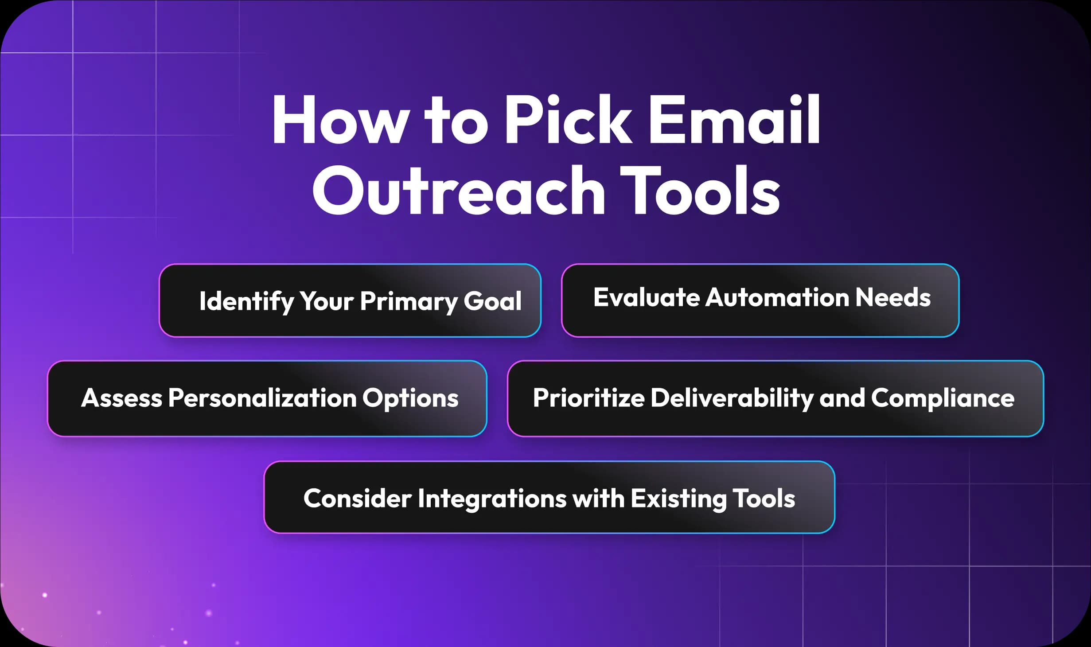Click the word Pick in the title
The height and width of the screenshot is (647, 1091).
(x=568, y=121)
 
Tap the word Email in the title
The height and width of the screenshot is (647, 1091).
(x=734, y=121)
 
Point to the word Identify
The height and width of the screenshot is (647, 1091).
(x=246, y=301)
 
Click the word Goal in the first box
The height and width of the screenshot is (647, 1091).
(x=492, y=301)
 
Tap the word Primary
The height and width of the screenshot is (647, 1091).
(x=408, y=301)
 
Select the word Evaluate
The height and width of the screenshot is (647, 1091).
(x=646, y=297)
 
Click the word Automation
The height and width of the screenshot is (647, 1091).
(x=777, y=297)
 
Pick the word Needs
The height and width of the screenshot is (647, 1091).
(x=892, y=297)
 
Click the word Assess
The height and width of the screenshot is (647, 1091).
(x=121, y=398)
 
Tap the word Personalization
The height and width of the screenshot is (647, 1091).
(x=262, y=398)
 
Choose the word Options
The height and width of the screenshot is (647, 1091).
(x=410, y=398)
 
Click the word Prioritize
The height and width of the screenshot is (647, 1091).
(x=588, y=398)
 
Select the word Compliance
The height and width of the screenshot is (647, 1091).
(x=943, y=398)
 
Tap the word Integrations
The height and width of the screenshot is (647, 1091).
(x=492, y=499)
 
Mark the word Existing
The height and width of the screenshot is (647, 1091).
(x=678, y=499)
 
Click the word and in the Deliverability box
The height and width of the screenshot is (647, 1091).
(x=842, y=398)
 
